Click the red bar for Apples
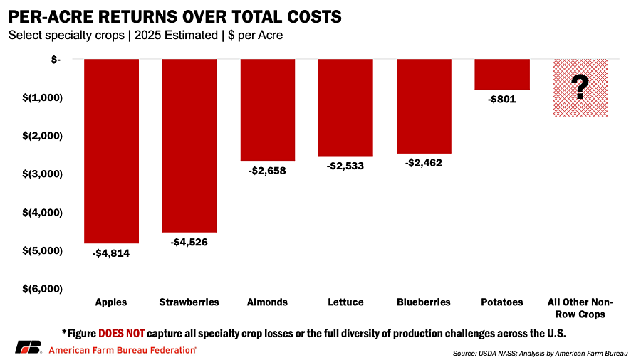point(111,151)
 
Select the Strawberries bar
point(189,145)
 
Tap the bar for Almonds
point(267,110)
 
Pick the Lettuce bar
point(345,107)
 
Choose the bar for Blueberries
point(423,106)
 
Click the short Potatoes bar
point(501,75)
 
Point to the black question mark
point(580,87)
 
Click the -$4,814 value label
point(111,253)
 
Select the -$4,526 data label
point(189,242)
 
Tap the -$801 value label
point(501,100)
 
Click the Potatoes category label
point(501,302)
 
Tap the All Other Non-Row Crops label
point(580,308)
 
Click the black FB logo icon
point(28,348)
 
